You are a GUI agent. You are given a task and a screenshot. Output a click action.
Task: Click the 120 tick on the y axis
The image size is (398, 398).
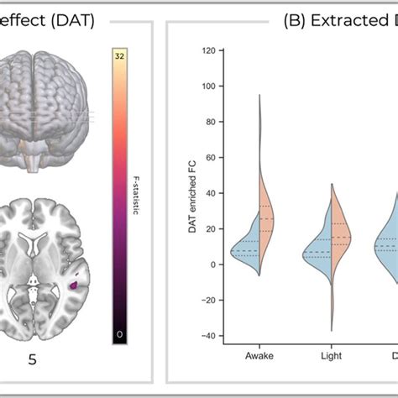(x=207, y=50)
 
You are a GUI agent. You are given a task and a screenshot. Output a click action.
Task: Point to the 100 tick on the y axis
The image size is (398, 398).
(x=207, y=86)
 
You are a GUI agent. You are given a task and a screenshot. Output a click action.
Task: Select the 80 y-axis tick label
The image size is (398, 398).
(x=210, y=122)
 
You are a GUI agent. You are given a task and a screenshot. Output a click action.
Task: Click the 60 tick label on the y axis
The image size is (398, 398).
(x=210, y=157)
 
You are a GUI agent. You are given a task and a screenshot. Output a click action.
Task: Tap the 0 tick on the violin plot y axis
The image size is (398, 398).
(x=212, y=264)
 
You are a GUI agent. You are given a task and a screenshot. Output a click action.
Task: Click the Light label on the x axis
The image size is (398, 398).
(x=333, y=355)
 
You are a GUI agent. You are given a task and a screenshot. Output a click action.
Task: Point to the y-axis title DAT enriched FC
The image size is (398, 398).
(x=192, y=193)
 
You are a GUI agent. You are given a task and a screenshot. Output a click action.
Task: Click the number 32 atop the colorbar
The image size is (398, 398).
(x=120, y=56)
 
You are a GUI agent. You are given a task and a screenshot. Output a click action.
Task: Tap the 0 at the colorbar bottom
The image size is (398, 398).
(x=120, y=334)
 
